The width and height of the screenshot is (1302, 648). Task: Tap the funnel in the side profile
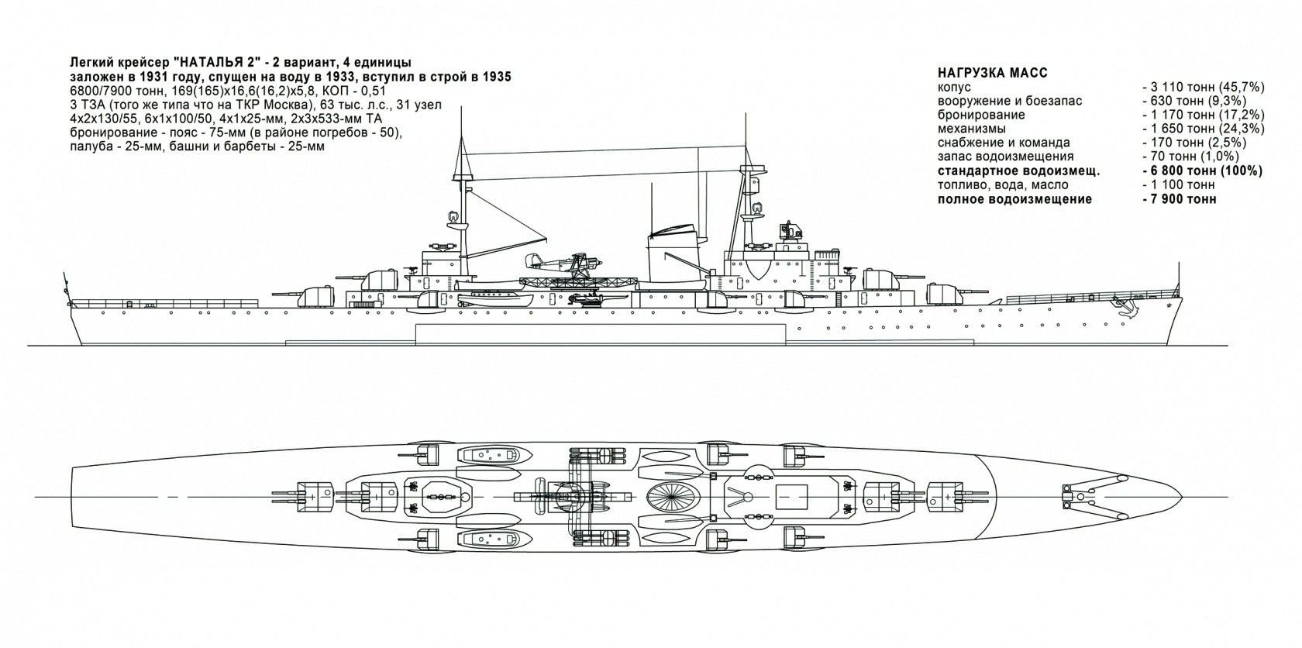pyautogui.click(x=673, y=256)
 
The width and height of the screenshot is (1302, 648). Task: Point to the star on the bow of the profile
pyautogui.click(x=1168, y=308)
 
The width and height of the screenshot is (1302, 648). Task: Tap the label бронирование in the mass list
pyautogui.click(x=981, y=115)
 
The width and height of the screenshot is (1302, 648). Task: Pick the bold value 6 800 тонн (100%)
pyautogui.click(x=1200, y=171)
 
